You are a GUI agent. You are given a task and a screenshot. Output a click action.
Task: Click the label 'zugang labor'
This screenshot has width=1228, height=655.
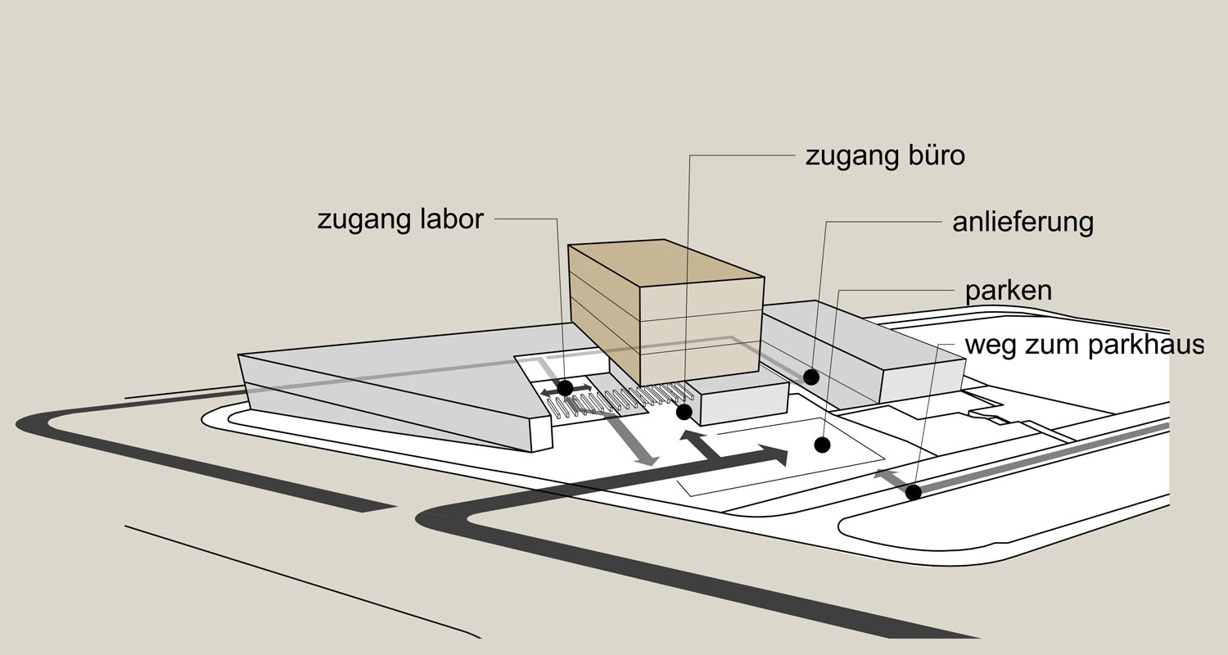click(400, 220)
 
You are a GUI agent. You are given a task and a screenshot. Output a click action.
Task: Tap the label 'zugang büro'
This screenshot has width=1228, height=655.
click(885, 156)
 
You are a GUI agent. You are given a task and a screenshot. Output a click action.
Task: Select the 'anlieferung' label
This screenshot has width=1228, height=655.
click(1023, 223)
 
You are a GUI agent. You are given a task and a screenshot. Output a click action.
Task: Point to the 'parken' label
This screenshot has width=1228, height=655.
click(1008, 291)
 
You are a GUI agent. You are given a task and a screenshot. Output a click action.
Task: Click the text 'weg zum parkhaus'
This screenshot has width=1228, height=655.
click(1085, 346)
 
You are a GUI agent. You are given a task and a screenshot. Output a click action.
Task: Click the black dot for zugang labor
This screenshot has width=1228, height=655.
click(565, 388)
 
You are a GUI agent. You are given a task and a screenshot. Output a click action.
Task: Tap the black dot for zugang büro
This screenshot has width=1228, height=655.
click(684, 412)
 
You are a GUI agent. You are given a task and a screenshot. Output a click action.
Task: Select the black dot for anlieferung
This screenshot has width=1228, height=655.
click(811, 377)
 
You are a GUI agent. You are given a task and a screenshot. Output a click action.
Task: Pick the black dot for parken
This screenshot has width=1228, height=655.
click(822, 445)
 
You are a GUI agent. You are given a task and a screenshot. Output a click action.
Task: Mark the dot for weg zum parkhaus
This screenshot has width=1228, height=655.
click(914, 492)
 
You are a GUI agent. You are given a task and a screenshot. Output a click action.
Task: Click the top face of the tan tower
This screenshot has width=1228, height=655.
click(666, 263)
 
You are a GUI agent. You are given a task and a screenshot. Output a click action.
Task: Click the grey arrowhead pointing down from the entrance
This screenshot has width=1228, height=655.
click(648, 459)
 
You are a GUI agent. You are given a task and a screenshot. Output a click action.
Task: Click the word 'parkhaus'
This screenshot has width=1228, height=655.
click(1146, 346)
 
